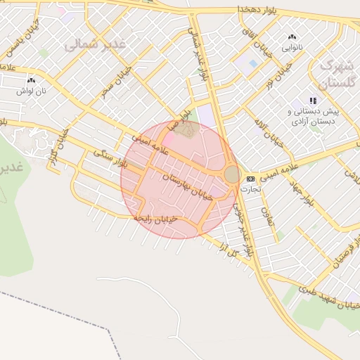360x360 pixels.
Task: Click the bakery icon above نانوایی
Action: pyautogui.click(x=292, y=37)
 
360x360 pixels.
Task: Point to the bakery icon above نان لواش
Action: pyautogui.click(x=31, y=82)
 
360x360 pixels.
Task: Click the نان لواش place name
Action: pyautogui.click(x=31, y=91)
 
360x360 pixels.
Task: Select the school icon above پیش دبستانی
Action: pyautogui.click(x=313, y=101)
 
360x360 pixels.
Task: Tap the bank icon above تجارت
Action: pyautogui.click(x=250, y=179)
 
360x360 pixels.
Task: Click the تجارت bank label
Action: pyautogui.click(x=250, y=189)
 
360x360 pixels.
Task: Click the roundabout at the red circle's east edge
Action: pyautogui.click(x=232, y=174)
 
